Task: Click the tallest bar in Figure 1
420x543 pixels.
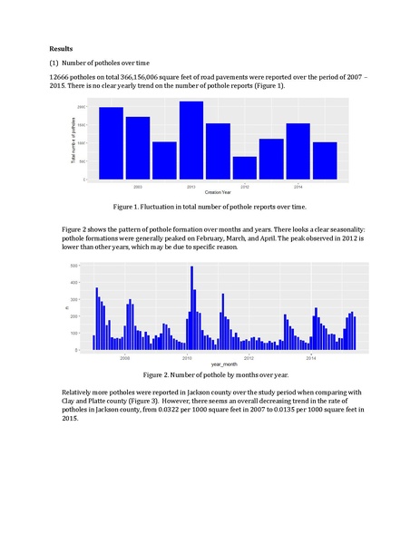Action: (x=191, y=140)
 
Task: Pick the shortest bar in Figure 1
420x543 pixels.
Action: (x=244, y=168)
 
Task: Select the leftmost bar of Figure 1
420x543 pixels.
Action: (x=112, y=143)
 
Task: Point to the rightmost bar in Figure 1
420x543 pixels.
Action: (x=325, y=160)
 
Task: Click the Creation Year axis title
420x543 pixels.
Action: (x=218, y=193)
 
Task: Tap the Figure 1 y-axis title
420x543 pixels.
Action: (x=73, y=142)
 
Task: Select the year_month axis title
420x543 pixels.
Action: (x=216, y=364)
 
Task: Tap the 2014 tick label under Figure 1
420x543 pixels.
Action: (x=298, y=187)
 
